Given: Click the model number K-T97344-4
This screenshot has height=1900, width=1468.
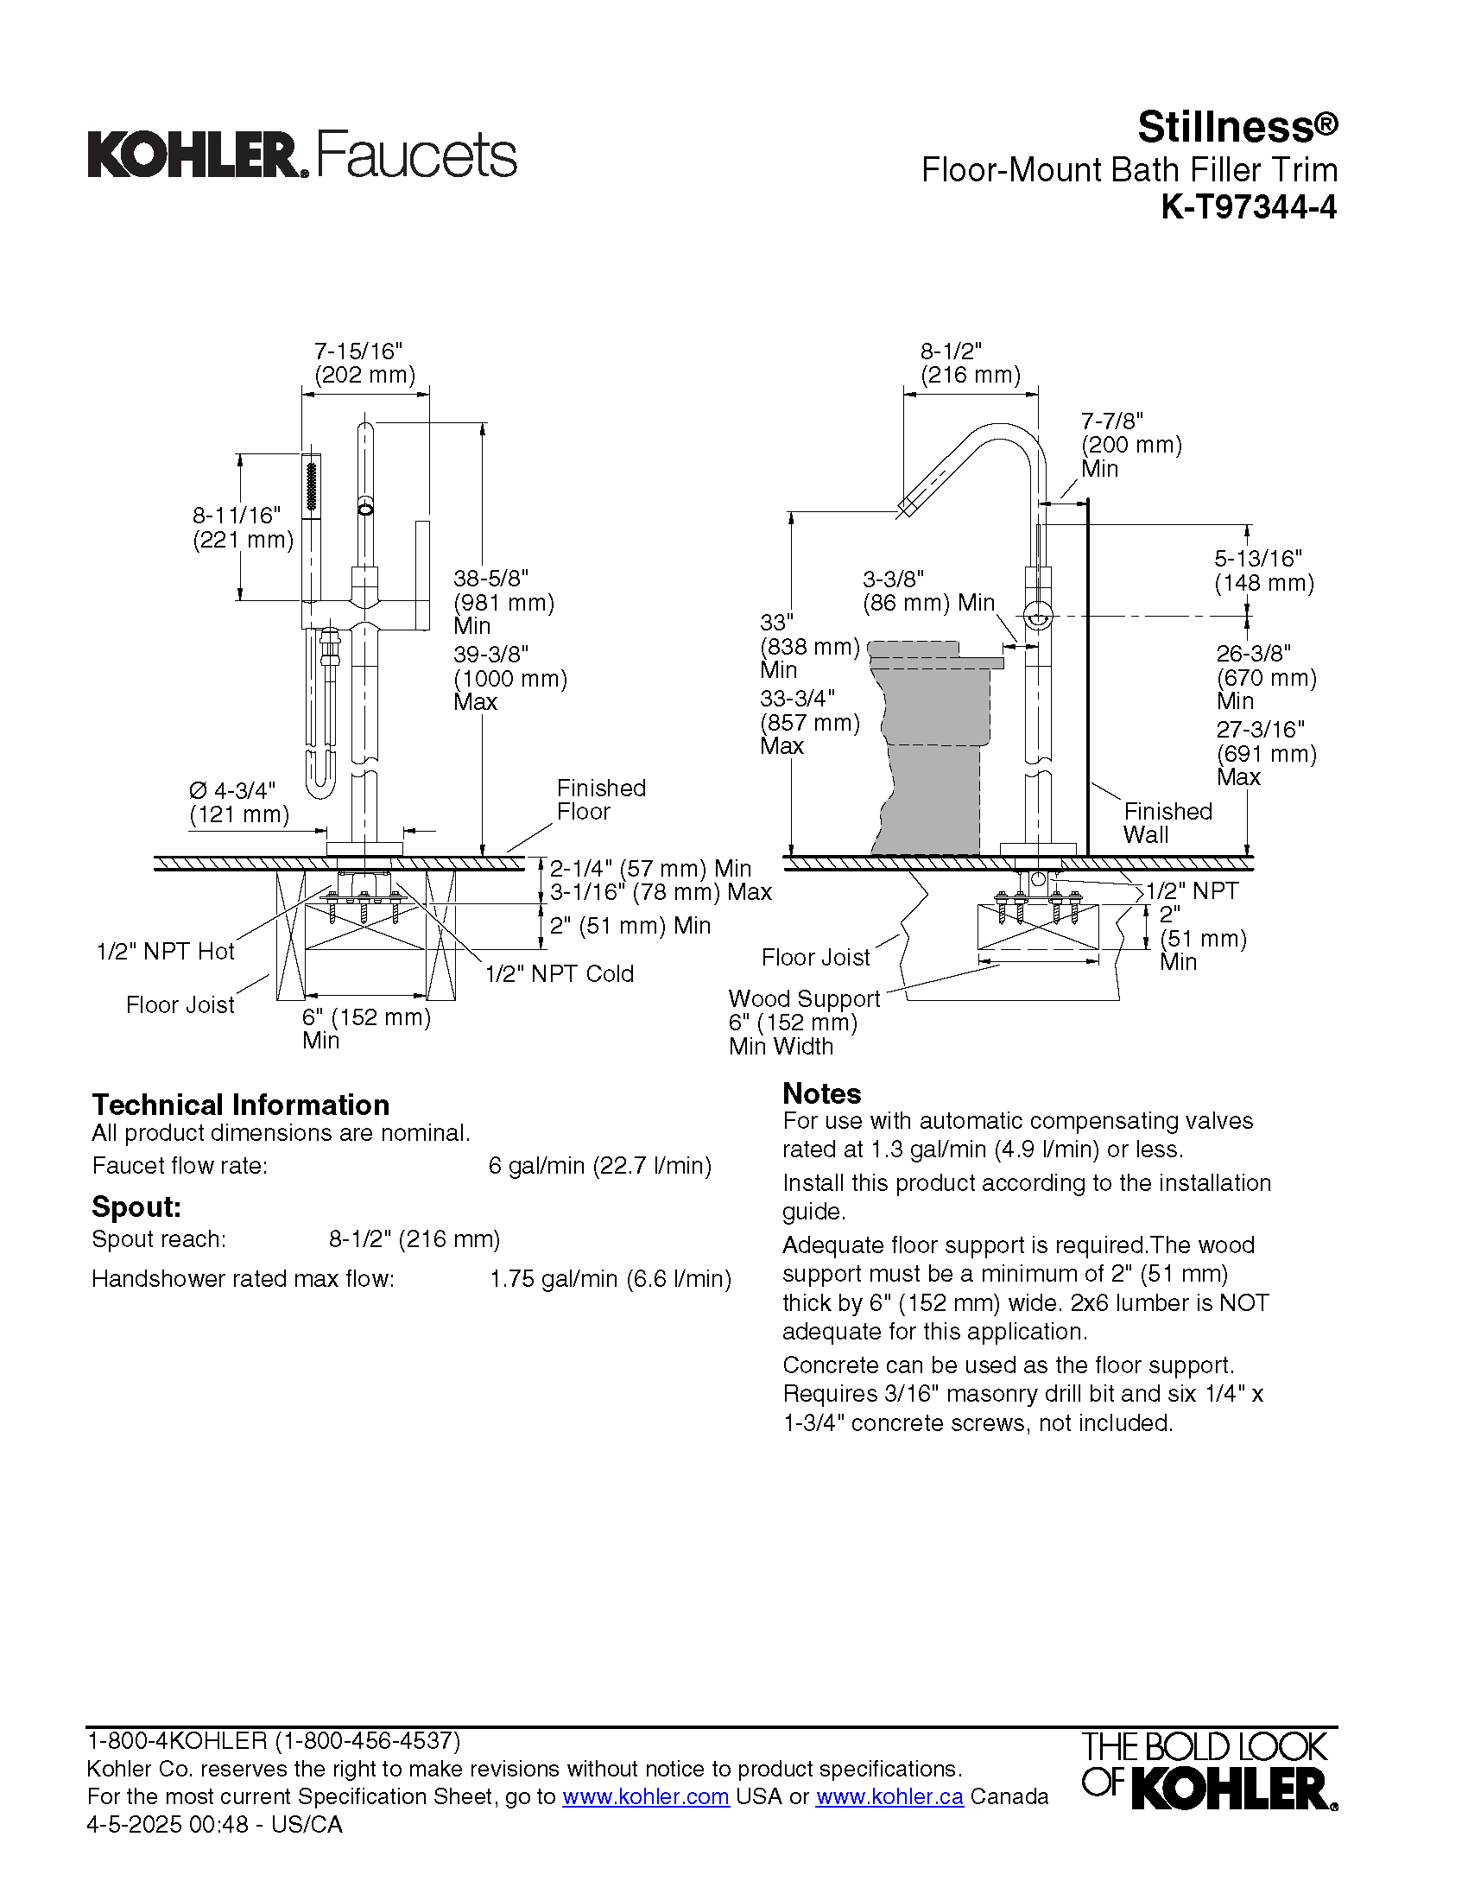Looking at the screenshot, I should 1248,208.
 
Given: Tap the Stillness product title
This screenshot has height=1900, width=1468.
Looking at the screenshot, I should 1237,128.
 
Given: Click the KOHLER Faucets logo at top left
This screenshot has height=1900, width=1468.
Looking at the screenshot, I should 301,155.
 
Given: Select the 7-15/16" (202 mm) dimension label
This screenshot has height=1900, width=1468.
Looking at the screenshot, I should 364,364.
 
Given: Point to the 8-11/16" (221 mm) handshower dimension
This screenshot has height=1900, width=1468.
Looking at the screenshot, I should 243,527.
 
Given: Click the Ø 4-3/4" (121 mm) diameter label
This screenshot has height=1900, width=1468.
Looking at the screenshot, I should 238,802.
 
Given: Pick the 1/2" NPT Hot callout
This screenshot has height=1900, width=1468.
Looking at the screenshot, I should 165,952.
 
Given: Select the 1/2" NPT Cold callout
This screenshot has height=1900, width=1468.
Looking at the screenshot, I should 560,974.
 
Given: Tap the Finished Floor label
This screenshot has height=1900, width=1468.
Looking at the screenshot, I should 601,800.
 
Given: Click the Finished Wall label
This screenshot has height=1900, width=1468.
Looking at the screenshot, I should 1167,823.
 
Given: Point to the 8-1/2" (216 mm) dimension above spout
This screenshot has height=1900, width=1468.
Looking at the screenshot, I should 970,364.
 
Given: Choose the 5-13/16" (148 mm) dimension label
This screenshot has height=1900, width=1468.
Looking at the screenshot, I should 1263,571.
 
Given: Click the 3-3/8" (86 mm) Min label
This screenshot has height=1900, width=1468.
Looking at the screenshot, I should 928,591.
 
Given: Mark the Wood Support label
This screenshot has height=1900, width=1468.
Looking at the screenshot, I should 805,998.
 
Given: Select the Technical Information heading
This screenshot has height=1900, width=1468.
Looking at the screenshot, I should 241,1105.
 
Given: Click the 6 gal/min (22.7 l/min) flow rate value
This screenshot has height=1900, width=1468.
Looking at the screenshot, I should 600,1166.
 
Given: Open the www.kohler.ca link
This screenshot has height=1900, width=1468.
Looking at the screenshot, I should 889,1796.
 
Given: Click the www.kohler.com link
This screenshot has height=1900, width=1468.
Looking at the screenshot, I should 645,1796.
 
